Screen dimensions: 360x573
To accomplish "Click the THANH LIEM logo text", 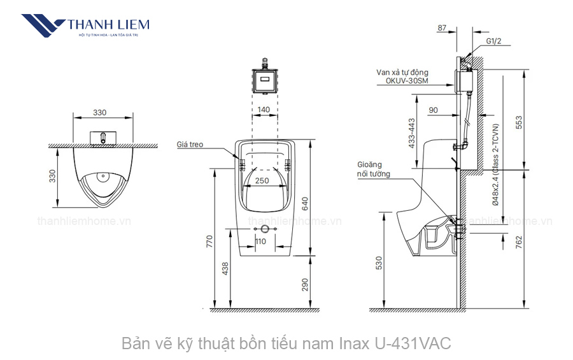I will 108,25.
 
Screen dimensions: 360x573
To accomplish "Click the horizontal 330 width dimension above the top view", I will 100,113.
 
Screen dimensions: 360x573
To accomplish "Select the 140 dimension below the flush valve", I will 264,110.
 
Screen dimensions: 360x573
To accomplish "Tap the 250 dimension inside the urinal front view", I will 262,180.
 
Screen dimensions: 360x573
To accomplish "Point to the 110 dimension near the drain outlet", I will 261,241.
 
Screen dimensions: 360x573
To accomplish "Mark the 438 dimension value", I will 225,270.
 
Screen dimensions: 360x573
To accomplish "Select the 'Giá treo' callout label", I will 190,145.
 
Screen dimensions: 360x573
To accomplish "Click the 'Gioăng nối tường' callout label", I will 374,169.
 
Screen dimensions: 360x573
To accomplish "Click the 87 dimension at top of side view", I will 442,27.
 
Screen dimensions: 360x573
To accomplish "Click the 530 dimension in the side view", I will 379,261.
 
